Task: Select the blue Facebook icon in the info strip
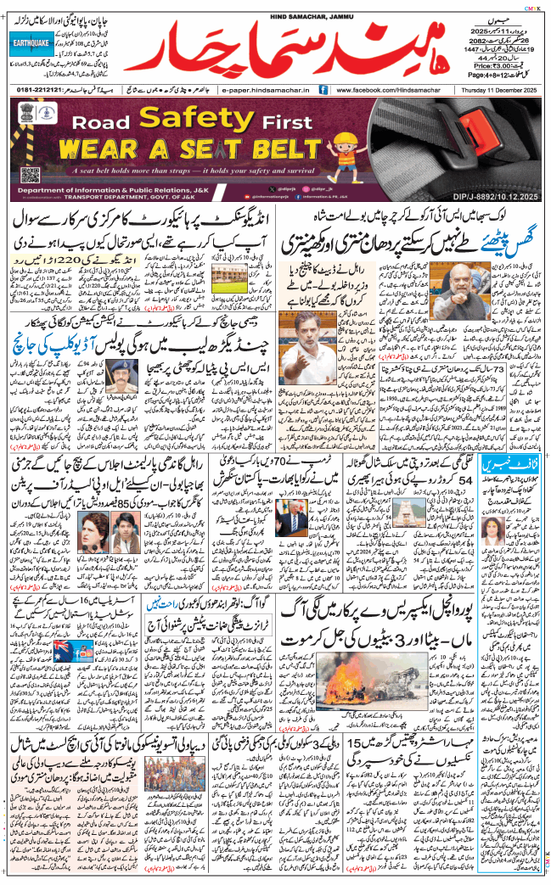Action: pyautogui.click(x=323, y=88)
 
